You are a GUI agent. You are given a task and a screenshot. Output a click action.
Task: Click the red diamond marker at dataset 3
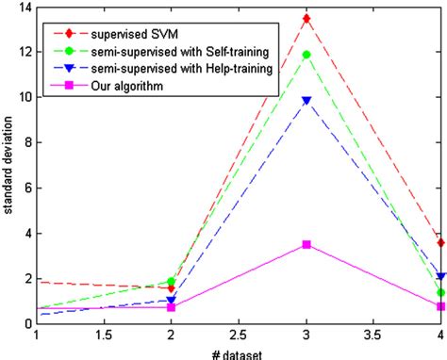click(306, 19)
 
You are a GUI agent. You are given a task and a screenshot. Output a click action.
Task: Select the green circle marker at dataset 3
click(306, 55)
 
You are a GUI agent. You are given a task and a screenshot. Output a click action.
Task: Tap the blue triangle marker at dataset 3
click(306, 100)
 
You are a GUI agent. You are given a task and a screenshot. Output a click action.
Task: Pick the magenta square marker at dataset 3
click(306, 244)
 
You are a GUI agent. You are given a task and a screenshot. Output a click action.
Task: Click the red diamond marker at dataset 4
click(440, 242)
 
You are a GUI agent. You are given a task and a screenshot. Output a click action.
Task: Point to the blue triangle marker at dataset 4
click(440, 276)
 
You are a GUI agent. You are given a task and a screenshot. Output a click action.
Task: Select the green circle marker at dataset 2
click(171, 281)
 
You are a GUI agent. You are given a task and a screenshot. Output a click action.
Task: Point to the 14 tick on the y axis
click(24, 8)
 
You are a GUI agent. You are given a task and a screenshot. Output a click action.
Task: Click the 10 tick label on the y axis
click(24, 97)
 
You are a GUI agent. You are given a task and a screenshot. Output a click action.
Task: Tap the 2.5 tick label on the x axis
click(239, 335)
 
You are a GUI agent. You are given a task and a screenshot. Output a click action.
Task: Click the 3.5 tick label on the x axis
click(373, 335)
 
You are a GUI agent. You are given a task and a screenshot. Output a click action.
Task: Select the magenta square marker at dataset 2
click(171, 307)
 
